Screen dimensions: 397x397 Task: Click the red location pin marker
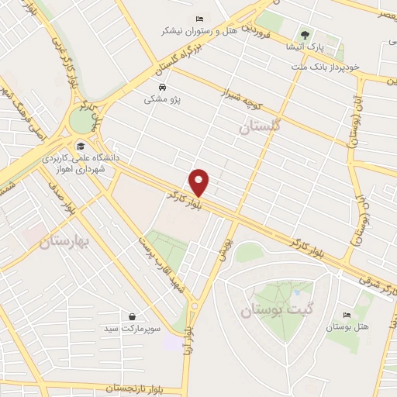click(200, 181)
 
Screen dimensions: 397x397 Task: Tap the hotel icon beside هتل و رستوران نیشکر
click(199, 19)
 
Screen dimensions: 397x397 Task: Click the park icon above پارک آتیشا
click(306, 35)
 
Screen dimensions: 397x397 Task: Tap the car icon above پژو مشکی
click(161, 87)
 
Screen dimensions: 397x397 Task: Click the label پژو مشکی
click(161, 99)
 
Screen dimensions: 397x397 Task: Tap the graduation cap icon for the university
click(80, 145)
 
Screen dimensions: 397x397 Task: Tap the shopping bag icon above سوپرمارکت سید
click(133, 316)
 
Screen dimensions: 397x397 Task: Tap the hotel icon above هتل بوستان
click(346, 316)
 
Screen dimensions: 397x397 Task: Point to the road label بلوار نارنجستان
click(116, 387)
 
